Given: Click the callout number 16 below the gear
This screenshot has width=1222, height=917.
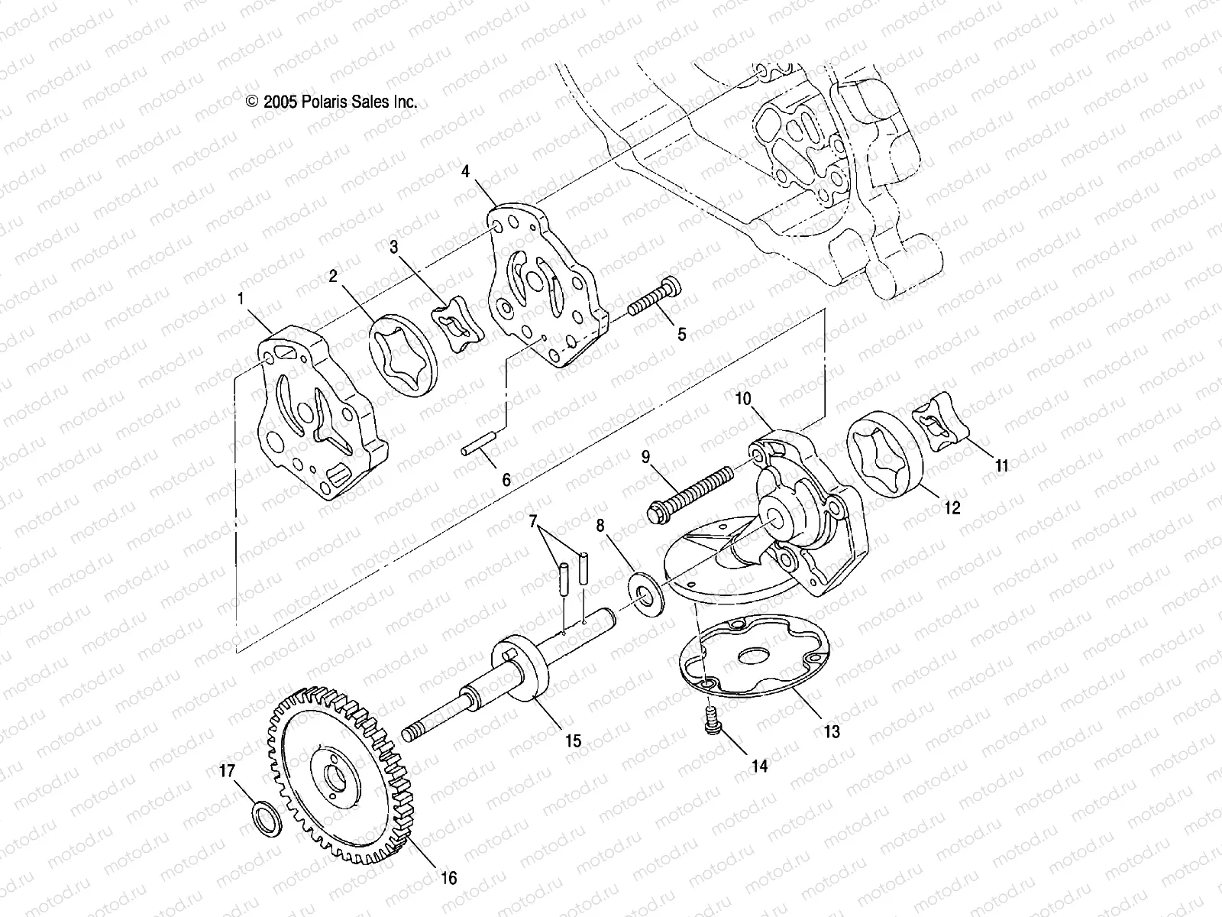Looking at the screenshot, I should (448, 878).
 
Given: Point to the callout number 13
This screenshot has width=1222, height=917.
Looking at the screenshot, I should (832, 731).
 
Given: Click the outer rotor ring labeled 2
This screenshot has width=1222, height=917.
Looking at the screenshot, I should (400, 358).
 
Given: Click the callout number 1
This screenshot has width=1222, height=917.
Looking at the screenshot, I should (242, 299).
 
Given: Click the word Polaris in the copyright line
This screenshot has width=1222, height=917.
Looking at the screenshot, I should (321, 102).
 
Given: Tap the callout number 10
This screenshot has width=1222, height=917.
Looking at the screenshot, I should (744, 398).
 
